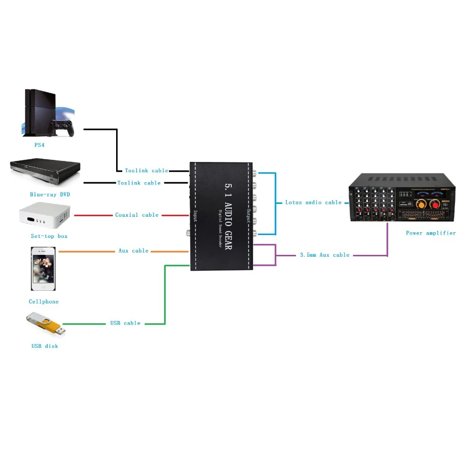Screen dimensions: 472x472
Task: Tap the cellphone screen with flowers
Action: pyautogui.click(x=43, y=269)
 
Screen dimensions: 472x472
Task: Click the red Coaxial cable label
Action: pyautogui.click(x=137, y=215)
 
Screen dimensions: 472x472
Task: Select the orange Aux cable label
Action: pyautogui.click(x=133, y=251)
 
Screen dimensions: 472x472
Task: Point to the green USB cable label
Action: pyautogui.click(x=125, y=323)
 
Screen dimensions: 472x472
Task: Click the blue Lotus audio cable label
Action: pyautogui.click(x=313, y=202)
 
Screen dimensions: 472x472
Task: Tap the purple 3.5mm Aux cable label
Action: pyautogui.click(x=325, y=255)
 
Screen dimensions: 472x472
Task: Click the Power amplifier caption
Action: pyautogui.click(x=431, y=233)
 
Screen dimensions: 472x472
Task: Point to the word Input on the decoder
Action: pyautogui.click(x=194, y=217)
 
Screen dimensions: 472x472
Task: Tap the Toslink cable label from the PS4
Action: pyautogui.click(x=146, y=171)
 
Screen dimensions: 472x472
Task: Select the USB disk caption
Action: pyautogui.click(x=45, y=346)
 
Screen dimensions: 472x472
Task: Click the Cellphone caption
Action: pyautogui.click(x=43, y=302)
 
